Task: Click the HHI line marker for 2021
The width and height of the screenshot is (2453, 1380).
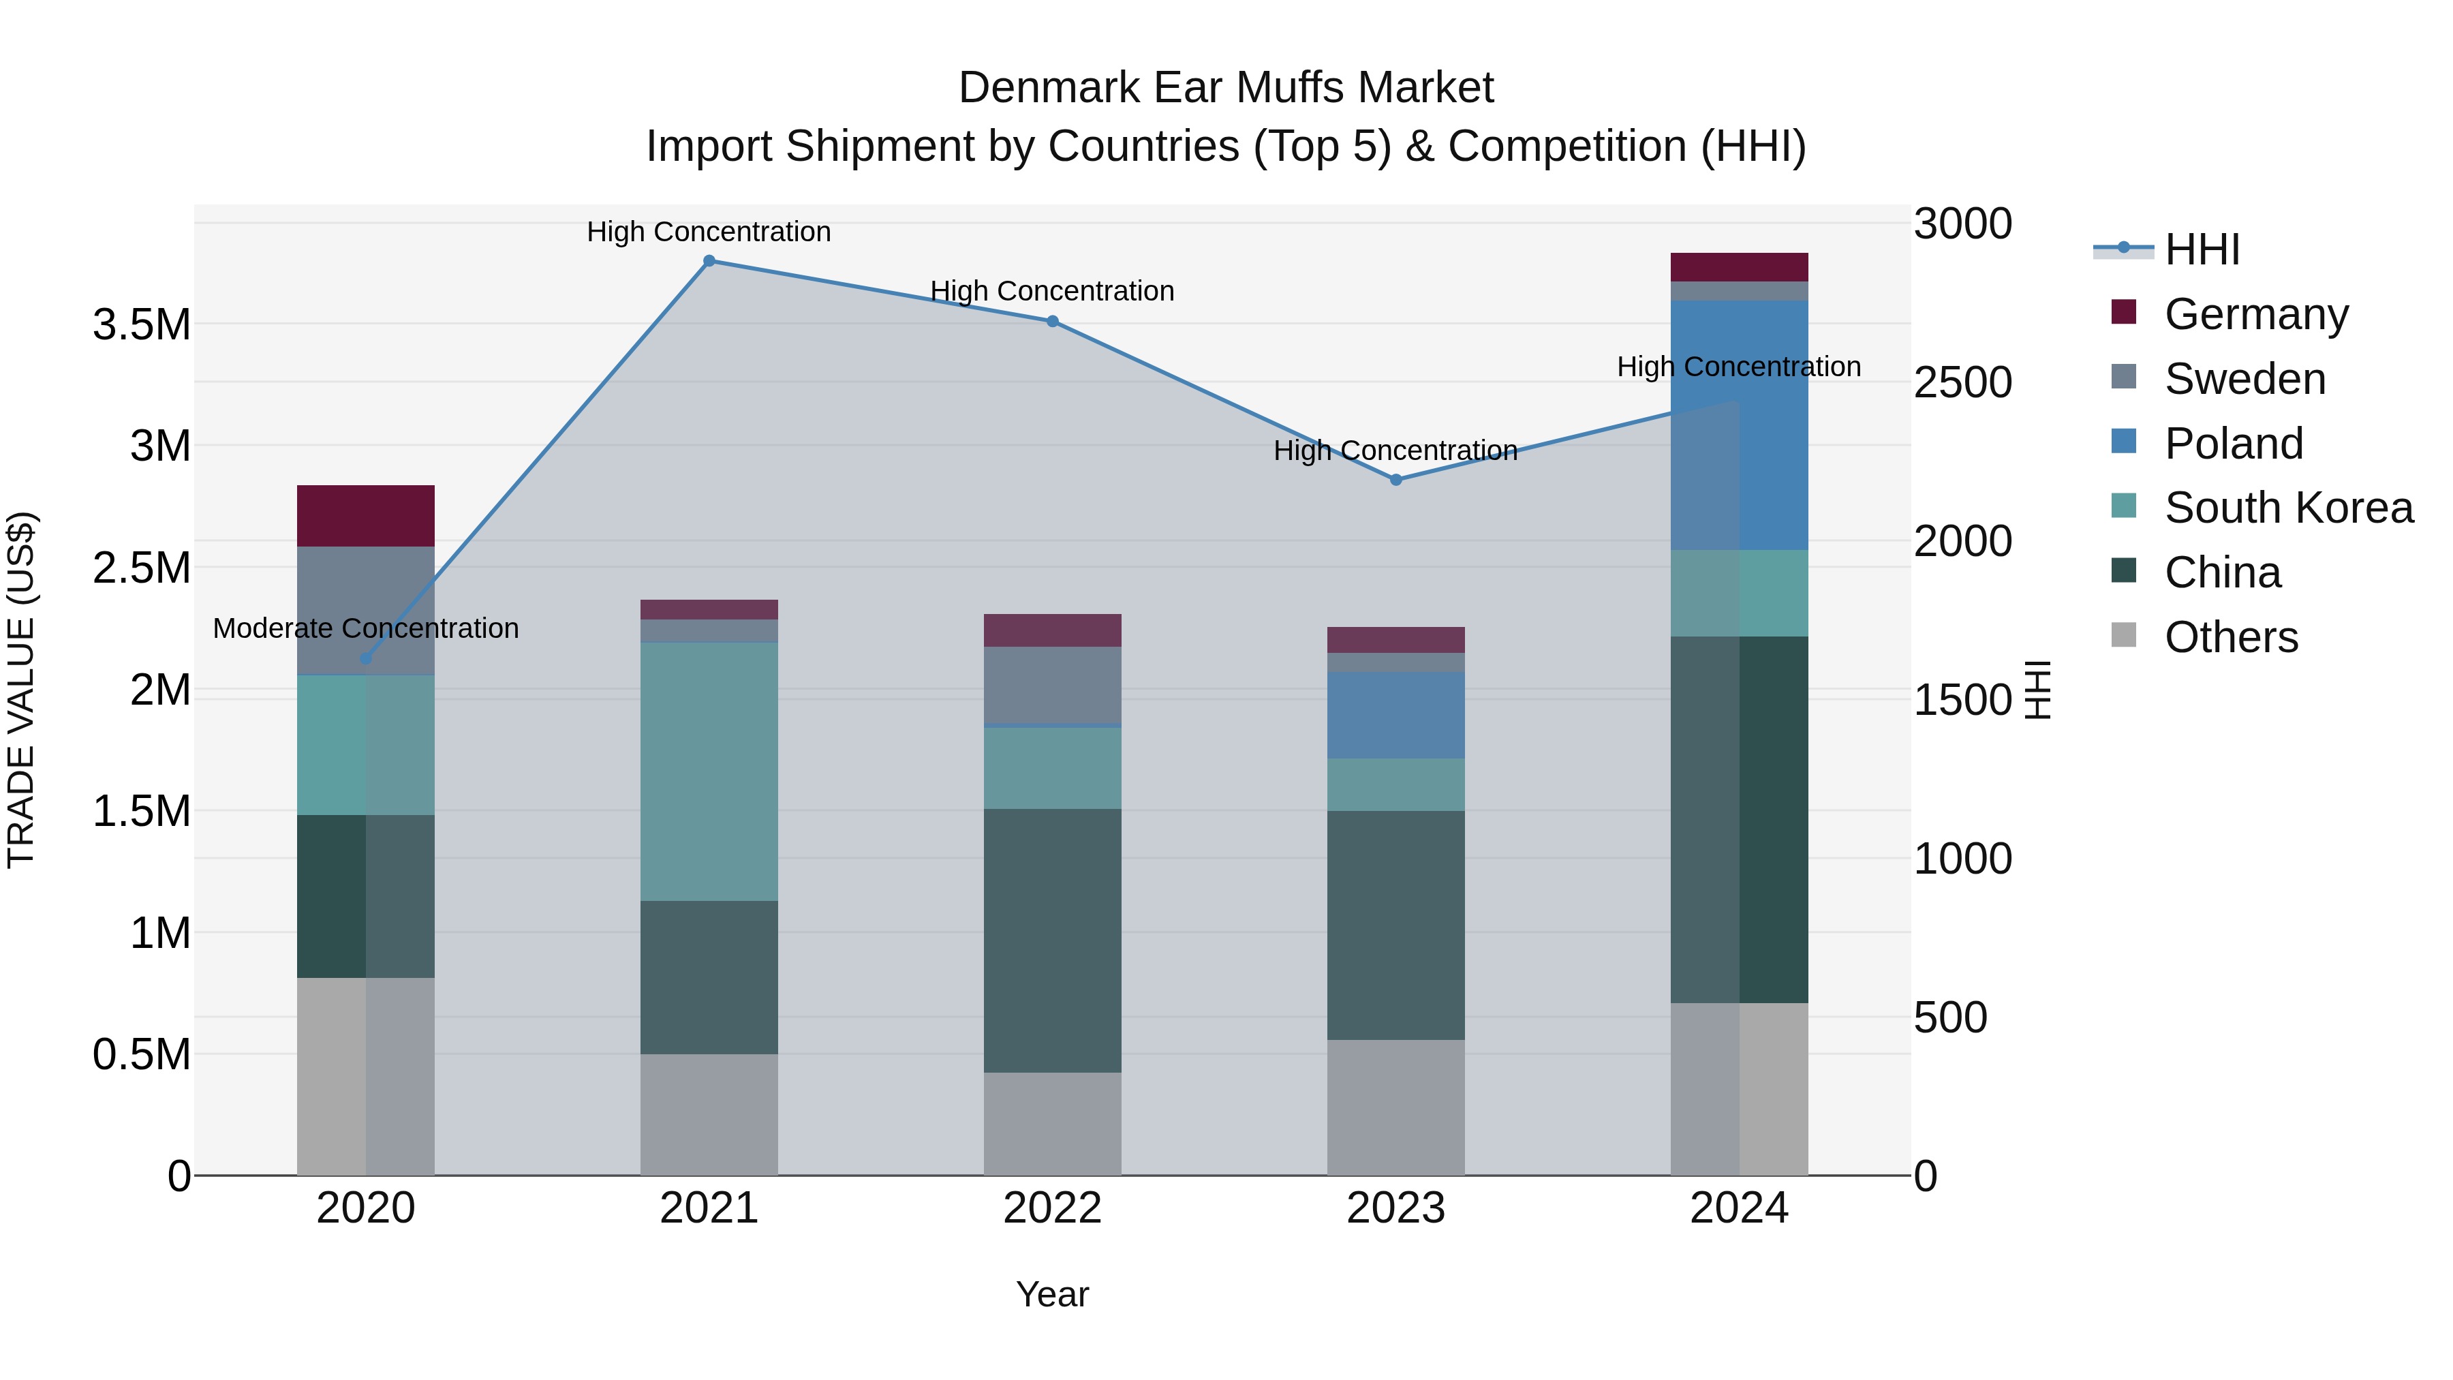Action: (x=709, y=261)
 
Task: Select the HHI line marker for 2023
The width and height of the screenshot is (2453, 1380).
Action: (x=1396, y=480)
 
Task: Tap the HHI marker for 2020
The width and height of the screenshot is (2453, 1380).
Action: (x=366, y=659)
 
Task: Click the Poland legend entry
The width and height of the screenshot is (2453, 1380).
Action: (x=2232, y=444)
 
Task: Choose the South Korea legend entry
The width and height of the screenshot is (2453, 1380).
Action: (x=2287, y=508)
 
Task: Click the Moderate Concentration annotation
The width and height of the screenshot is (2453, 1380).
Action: (x=366, y=628)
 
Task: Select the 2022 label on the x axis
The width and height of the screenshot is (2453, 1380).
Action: (x=1052, y=1208)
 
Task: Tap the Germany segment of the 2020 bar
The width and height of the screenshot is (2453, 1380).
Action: (x=366, y=515)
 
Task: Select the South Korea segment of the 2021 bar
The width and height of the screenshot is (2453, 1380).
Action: (x=709, y=771)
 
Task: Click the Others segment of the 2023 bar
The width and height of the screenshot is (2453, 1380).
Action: (x=1396, y=1107)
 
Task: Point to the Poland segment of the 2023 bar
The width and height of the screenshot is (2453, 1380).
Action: (x=1396, y=716)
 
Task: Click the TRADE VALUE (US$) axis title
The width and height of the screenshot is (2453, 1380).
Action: (x=21, y=690)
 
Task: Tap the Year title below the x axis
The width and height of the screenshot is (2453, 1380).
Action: (x=1052, y=1294)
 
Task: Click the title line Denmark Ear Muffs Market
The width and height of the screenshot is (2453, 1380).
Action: (x=1226, y=88)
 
